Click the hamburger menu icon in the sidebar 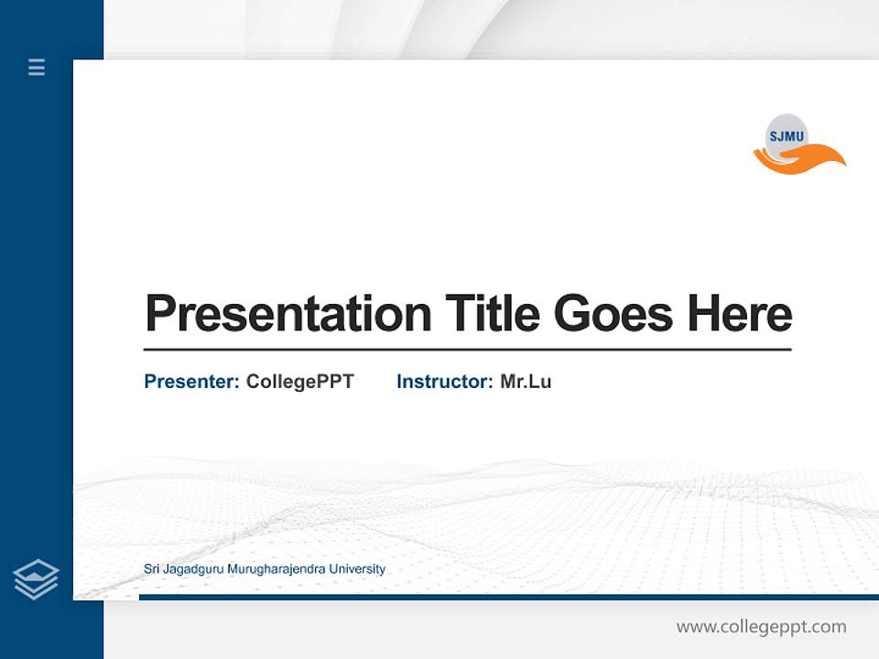pyautogui.click(x=37, y=67)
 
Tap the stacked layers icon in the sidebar pyautogui.click(x=36, y=579)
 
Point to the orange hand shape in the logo pyautogui.click(x=806, y=160)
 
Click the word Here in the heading pyautogui.click(x=740, y=313)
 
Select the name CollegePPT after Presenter pyautogui.click(x=299, y=382)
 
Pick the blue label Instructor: pyautogui.click(x=445, y=382)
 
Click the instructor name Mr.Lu pyautogui.click(x=526, y=382)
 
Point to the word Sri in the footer pyautogui.click(x=152, y=569)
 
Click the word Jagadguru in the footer pyautogui.click(x=194, y=569)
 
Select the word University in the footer pyautogui.click(x=357, y=569)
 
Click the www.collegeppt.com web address pyautogui.click(x=761, y=627)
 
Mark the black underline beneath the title pyautogui.click(x=467, y=349)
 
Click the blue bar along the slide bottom pyautogui.click(x=508, y=597)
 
